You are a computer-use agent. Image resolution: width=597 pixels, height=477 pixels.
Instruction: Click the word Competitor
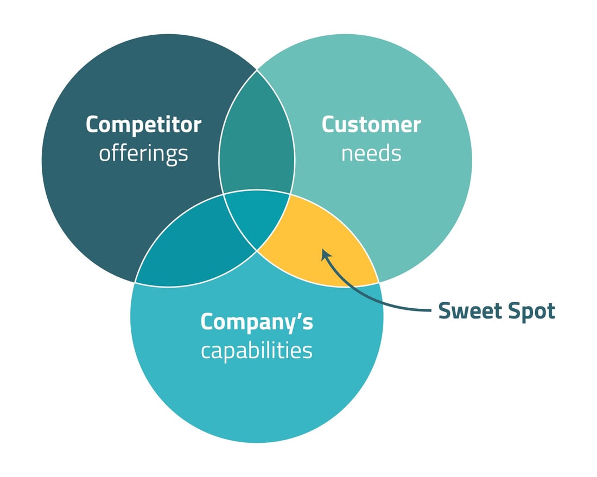[143, 125]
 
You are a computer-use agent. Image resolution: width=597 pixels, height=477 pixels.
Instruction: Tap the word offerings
[143, 154]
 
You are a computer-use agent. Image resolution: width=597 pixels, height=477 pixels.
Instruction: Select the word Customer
[371, 125]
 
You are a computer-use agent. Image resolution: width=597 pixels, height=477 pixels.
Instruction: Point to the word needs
[371, 154]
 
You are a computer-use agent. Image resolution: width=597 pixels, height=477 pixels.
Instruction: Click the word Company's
[257, 322]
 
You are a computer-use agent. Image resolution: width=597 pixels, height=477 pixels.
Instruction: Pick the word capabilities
[257, 351]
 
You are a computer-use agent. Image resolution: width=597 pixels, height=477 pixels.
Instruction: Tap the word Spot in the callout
[531, 311]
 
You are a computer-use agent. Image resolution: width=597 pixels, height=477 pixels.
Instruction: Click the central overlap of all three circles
[257, 217]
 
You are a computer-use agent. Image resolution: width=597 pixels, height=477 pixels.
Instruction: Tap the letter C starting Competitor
[93, 125]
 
